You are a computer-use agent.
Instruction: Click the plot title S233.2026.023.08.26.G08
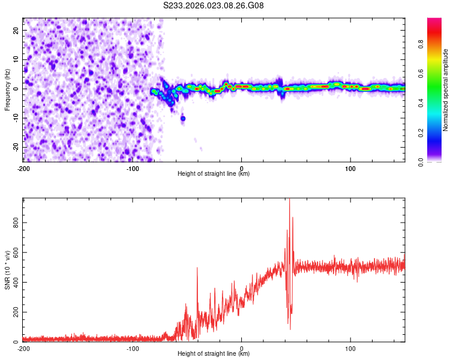(x=214, y=6)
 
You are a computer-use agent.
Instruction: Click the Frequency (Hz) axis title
(x=7, y=89)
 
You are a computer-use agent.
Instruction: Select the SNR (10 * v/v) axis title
(x=7, y=269)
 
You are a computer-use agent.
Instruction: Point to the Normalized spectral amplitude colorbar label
(x=446, y=90)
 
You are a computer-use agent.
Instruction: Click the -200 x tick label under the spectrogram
(x=24, y=169)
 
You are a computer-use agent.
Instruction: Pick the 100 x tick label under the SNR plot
(x=350, y=349)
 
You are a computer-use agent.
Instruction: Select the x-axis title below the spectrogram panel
(x=214, y=174)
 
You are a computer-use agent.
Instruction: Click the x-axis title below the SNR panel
(x=214, y=354)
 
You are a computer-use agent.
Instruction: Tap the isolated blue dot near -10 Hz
(x=183, y=119)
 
